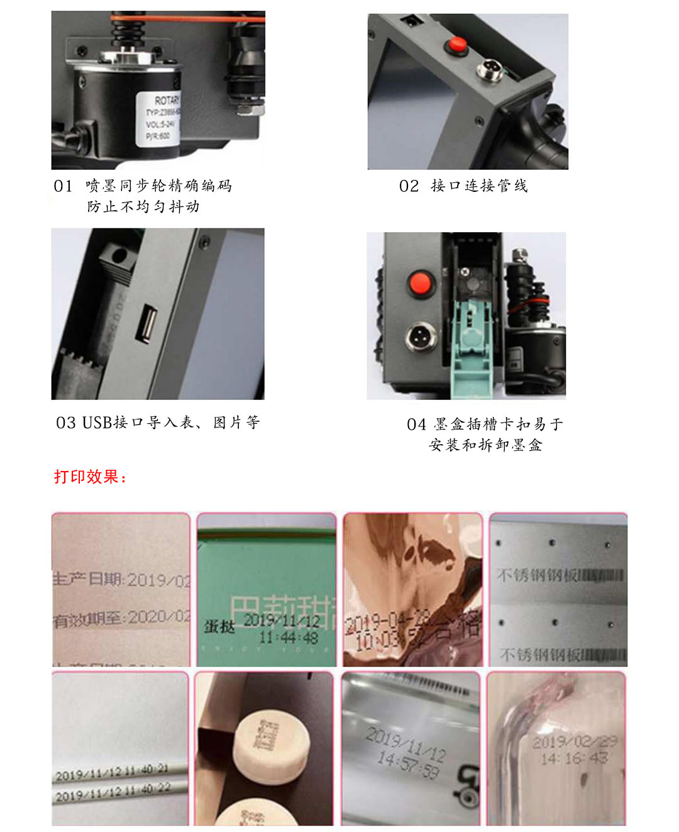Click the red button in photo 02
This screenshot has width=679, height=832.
click(x=456, y=45)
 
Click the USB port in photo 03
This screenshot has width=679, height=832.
click(x=148, y=323)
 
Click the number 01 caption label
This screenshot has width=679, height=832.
click(x=63, y=186)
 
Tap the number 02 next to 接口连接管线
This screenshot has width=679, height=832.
click(x=409, y=186)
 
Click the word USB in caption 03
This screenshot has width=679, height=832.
click(x=97, y=423)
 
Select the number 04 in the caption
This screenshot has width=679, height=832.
click(x=416, y=424)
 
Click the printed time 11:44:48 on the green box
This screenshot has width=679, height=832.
click(x=289, y=638)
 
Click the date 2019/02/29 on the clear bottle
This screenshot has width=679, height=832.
click(x=575, y=742)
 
